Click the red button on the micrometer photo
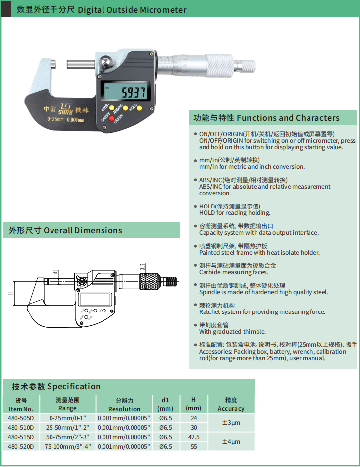tap(111, 118)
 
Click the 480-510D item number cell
tap(21, 428)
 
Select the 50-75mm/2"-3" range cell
tap(68, 437)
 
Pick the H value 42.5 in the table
tap(194, 437)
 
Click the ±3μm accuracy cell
tap(231, 422)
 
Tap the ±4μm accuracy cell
tap(231, 441)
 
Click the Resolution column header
tap(124, 404)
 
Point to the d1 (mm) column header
tap(165, 404)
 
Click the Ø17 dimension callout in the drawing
tap(143, 267)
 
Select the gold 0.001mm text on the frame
tap(76, 120)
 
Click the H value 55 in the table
tap(194, 447)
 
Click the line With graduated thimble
tap(233, 331)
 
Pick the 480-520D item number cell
tap(21, 447)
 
